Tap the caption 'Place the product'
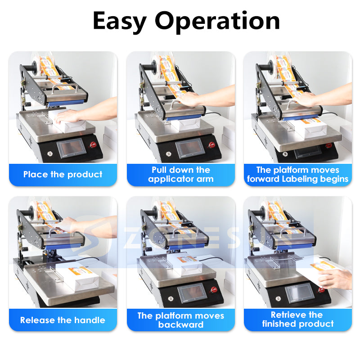click(x=63, y=175)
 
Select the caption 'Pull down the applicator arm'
click(x=180, y=175)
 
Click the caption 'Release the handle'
click(x=63, y=320)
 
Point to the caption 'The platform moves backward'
click(x=180, y=320)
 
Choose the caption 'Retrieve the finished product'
click(x=298, y=319)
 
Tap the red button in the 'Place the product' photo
click(x=94, y=144)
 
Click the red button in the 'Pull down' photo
click(x=211, y=145)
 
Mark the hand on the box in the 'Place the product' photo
click(x=72, y=116)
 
